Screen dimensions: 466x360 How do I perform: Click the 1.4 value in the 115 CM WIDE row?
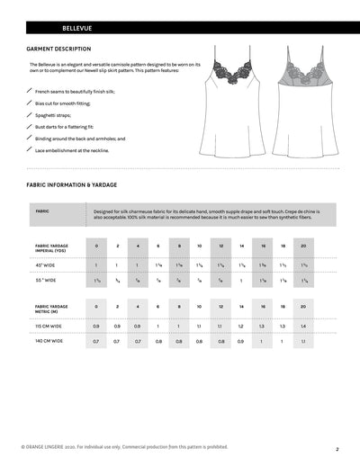[303, 326]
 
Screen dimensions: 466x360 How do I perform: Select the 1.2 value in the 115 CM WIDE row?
[241, 326]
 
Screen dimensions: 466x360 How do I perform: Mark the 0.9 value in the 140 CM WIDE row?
[241, 342]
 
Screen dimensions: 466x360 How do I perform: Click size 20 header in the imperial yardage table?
[303, 246]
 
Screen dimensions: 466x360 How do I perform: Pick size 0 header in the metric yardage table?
[96, 306]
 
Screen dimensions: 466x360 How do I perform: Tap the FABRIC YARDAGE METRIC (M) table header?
[50, 308]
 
